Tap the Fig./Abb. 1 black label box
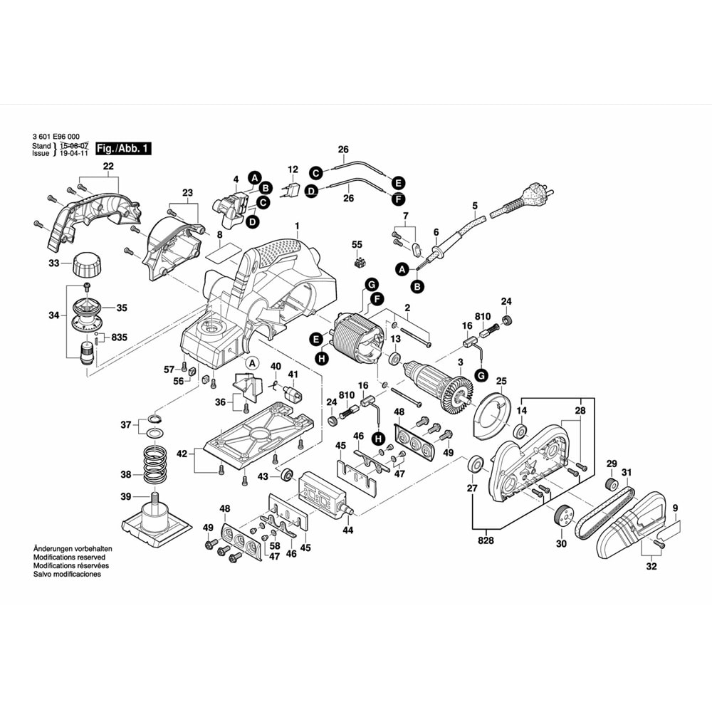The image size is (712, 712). click(x=124, y=149)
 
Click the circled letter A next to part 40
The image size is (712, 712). click(x=251, y=363)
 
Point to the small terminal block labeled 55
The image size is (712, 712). click(x=357, y=261)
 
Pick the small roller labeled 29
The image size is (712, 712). click(x=609, y=485)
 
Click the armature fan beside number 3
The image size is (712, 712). click(x=459, y=392)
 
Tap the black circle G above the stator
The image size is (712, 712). click(x=370, y=285)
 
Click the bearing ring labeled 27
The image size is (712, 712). click(x=474, y=466)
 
